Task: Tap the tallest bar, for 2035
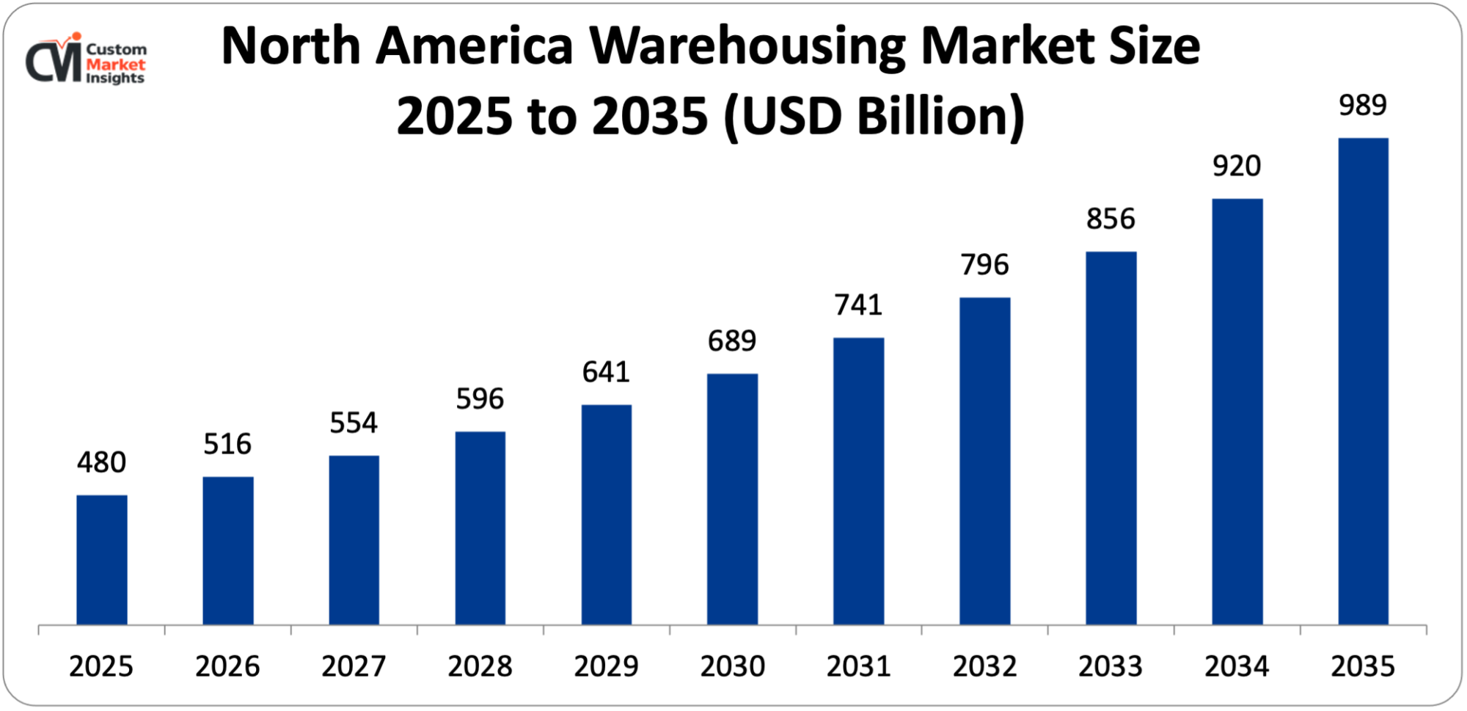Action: [x=1363, y=382]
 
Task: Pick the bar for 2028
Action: [x=480, y=528]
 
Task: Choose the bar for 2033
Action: [x=1111, y=438]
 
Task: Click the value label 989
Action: [x=1362, y=106]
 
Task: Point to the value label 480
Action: [x=102, y=463]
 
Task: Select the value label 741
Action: [x=858, y=305]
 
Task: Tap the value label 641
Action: [x=606, y=373]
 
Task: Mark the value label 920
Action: [x=1237, y=167]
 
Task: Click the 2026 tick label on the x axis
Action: [x=227, y=666]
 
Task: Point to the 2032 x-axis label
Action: [x=984, y=666]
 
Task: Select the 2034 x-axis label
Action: [x=1237, y=666]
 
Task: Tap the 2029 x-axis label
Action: [x=606, y=666]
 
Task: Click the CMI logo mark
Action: [x=54, y=61]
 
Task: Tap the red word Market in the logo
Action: [x=116, y=65]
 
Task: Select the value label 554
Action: [x=354, y=423]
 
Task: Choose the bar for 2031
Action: [x=858, y=481]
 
